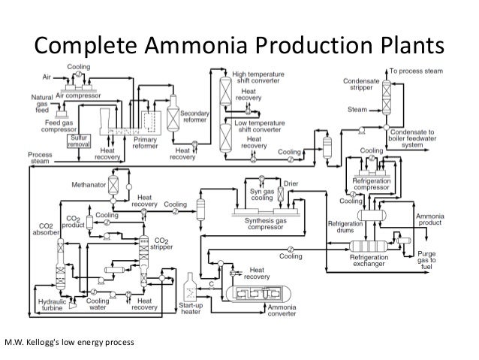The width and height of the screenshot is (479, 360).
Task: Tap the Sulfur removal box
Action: [x=80, y=142]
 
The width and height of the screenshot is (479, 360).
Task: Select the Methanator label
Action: [x=87, y=183]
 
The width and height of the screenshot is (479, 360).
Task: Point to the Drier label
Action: [x=291, y=183]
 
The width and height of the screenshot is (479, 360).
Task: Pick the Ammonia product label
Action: [x=434, y=219]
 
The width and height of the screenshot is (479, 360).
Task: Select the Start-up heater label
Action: [x=191, y=309]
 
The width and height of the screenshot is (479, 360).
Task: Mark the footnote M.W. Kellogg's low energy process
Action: [x=69, y=343]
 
